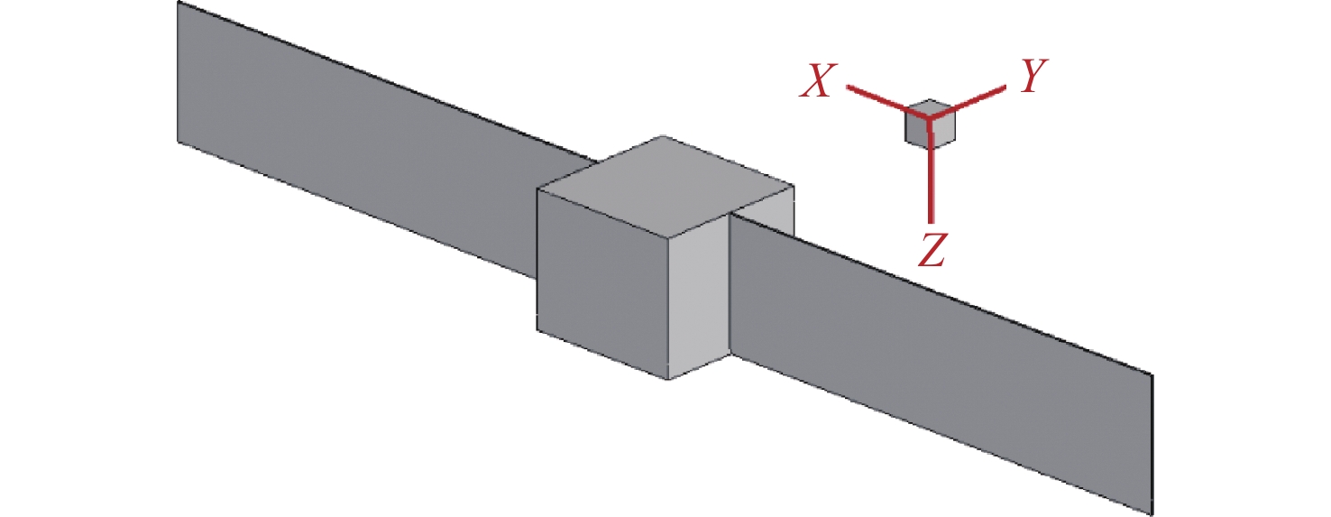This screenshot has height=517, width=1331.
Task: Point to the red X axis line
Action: tap(875, 98)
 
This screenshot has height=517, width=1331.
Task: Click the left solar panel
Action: tap(361, 153)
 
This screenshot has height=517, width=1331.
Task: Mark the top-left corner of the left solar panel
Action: tap(179, 3)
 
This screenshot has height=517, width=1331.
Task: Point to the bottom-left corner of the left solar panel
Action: tap(179, 141)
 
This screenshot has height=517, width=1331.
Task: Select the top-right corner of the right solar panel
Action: tap(1152, 373)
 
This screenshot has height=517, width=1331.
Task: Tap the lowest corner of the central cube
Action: tap(668, 379)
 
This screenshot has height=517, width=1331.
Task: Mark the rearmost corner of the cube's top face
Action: tap(665, 135)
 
